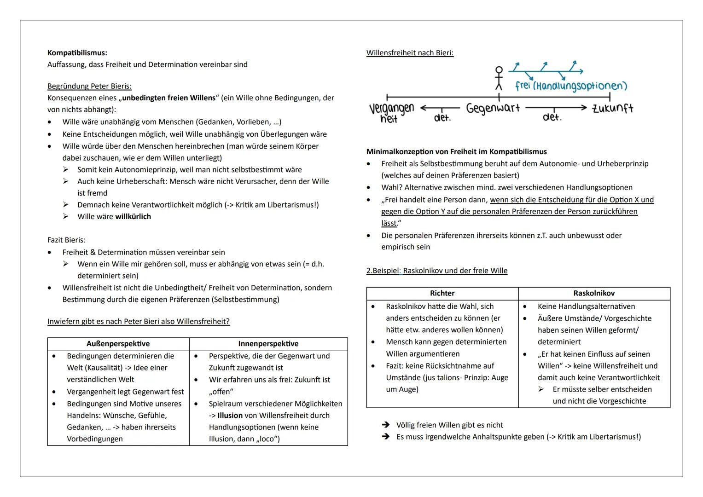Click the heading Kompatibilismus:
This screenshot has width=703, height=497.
(77, 53)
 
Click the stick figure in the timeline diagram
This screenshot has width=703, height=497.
(499, 78)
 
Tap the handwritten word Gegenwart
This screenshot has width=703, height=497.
(493, 109)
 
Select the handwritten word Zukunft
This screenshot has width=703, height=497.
(612, 109)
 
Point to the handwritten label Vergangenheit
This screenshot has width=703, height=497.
(391, 113)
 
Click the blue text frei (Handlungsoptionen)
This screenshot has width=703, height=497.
(571, 86)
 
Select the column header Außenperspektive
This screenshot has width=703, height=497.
(118, 344)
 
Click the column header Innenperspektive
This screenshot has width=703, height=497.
(268, 344)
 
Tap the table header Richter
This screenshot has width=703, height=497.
(442, 293)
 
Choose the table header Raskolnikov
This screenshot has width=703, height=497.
(594, 293)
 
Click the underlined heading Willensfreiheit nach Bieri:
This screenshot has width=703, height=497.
(410, 53)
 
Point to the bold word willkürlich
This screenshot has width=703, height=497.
(133, 217)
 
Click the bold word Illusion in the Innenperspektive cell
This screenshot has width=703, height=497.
(230, 416)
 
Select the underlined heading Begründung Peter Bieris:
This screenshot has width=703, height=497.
(89, 86)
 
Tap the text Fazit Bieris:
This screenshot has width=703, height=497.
(66, 240)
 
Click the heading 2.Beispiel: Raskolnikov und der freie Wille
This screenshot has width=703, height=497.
(436, 271)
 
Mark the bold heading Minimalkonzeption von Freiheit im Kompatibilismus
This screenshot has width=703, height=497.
(456, 151)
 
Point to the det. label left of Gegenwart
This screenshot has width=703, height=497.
(442, 118)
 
